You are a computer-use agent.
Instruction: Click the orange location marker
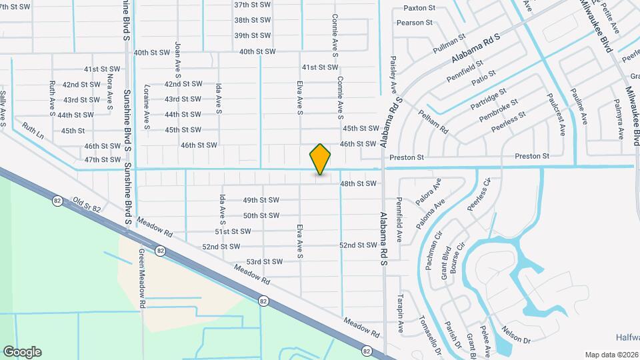coord(320,159)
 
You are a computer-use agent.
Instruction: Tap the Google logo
coord(22,352)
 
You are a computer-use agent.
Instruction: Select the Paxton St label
coord(420,9)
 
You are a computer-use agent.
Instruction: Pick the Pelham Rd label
coord(433,120)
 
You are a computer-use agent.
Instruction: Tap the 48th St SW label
coord(359,183)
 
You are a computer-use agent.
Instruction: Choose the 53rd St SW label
coord(265,262)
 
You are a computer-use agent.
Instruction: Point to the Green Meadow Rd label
coord(142,279)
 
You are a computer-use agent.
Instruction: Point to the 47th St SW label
coord(103,160)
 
